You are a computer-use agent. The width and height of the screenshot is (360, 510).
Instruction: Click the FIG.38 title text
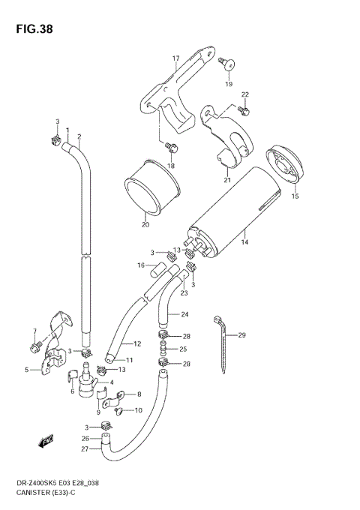[34, 29]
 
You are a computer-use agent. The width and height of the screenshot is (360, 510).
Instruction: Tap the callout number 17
[176, 58]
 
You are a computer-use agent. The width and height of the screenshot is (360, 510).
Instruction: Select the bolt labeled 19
[226, 64]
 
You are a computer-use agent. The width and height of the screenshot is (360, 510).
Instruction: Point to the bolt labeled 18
[171, 147]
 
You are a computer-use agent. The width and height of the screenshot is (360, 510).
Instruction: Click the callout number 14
[245, 242]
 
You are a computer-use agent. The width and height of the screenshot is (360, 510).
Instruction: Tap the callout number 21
[227, 180]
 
